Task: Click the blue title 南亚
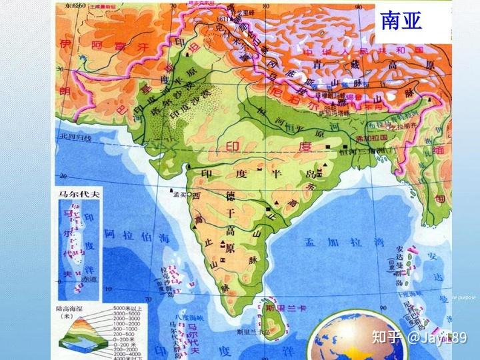[x=401, y=20]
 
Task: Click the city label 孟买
[x=177, y=195]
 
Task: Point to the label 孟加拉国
[x=372, y=138]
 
